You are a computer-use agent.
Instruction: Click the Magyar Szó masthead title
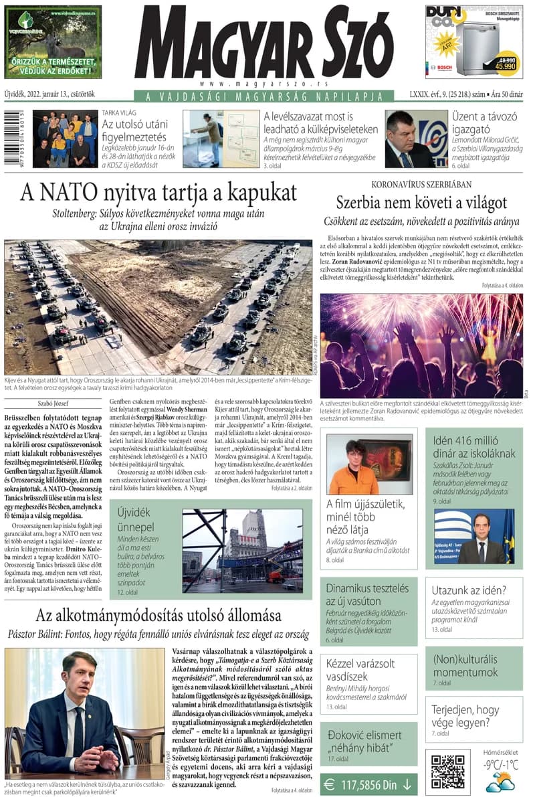click(263, 45)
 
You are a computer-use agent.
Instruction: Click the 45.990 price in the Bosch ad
click(505, 66)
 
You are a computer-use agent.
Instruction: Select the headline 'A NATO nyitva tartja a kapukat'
click(158, 193)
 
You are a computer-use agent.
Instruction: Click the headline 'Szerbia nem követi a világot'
click(421, 202)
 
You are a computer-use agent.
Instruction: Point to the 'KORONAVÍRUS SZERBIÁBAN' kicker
click(421, 184)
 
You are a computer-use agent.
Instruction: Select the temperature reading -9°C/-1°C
click(500, 765)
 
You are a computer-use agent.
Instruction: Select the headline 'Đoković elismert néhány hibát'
click(364, 741)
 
